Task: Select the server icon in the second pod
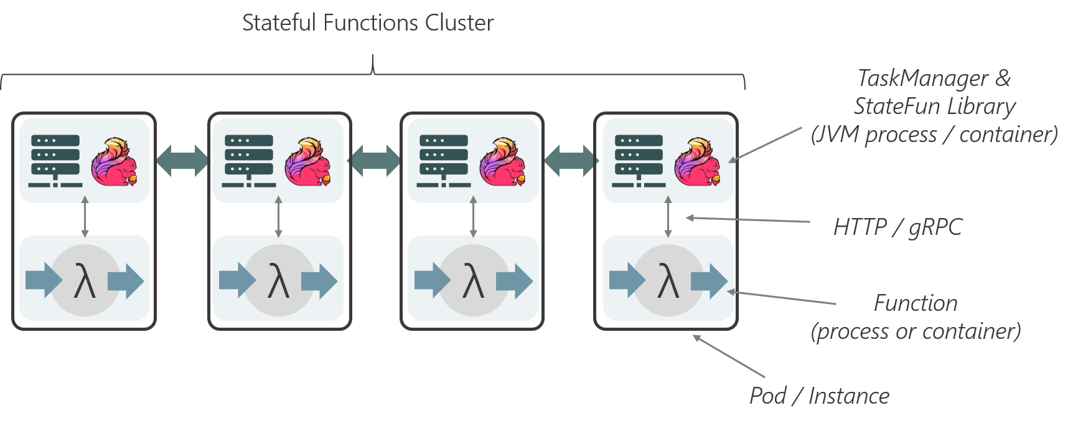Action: pos(249,160)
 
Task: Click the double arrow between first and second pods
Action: pos(182,161)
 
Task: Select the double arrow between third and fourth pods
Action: pos(571,161)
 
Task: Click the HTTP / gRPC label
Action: pos(897,227)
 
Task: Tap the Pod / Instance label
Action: pos(819,396)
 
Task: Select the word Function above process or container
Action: pos(916,303)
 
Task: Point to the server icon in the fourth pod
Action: pos(639,160)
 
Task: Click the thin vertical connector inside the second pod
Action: pos(278,219)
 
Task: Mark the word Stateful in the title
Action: pos(279,23)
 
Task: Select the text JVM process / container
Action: pos(934,134)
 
